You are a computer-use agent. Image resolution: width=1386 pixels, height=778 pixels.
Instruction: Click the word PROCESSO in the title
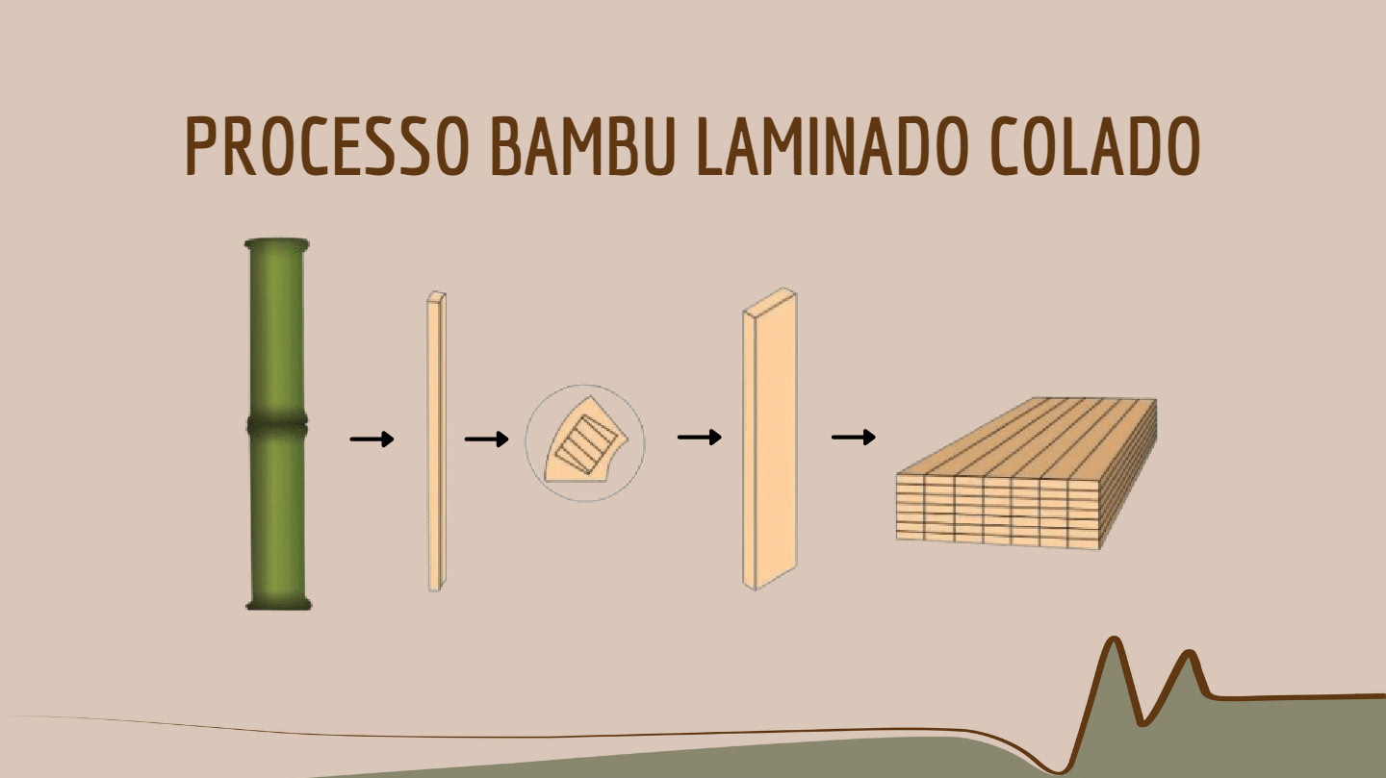pos(327,147)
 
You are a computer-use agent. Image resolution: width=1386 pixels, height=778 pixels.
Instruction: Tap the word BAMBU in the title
pos(580,147)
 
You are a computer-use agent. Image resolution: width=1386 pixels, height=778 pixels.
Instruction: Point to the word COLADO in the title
pos(1094,147)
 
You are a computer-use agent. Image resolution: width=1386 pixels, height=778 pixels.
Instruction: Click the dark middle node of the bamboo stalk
pos(277,424)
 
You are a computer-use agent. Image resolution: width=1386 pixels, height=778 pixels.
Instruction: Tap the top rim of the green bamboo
pos(277,244)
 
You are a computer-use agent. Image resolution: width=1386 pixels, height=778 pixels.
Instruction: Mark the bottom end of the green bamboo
pos(278,603)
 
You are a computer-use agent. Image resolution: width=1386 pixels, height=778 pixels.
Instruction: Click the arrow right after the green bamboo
pos(372,439)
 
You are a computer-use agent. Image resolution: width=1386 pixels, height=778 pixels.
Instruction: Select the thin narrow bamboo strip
pos(436,442)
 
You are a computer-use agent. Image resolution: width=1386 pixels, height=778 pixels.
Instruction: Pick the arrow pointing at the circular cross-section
pos(486,439)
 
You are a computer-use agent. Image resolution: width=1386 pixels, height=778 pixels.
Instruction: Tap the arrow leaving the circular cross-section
pos(700,438)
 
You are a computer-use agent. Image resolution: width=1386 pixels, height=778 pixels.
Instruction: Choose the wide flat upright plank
pos(769,442)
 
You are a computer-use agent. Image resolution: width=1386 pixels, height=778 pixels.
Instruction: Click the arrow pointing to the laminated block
pos(854,438)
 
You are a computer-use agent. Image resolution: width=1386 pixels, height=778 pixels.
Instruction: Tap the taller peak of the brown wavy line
pos(1115,640)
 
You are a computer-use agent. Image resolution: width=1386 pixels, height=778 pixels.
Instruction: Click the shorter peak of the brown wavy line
pos(1191,656)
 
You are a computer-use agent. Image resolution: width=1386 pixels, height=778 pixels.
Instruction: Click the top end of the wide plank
pos(769,301)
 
